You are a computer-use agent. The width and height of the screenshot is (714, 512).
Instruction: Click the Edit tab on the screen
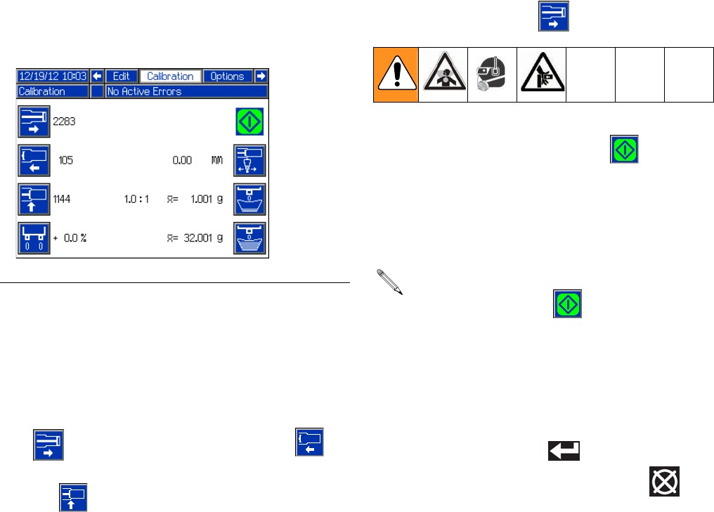coord(121,77)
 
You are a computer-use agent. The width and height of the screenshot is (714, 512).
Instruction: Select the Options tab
coord(228,77)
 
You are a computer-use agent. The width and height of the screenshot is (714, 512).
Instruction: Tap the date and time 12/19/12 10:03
coord(53,77)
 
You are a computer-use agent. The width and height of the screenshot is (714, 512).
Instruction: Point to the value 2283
coord(65,122)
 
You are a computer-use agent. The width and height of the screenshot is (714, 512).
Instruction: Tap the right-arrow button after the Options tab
coord(261,77)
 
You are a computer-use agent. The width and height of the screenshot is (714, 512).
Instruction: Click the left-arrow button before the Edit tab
coord(98,77)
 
